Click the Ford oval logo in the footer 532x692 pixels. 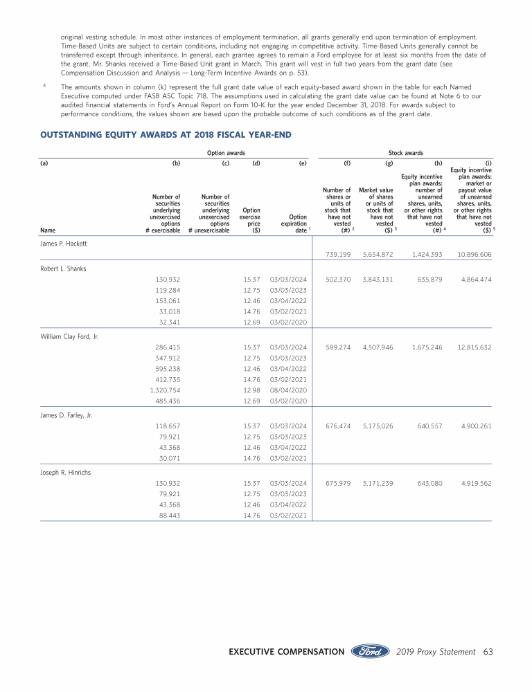371,651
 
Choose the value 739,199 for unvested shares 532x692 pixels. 339,255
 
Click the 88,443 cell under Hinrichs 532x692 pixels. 169,516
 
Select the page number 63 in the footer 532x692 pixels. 488,651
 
